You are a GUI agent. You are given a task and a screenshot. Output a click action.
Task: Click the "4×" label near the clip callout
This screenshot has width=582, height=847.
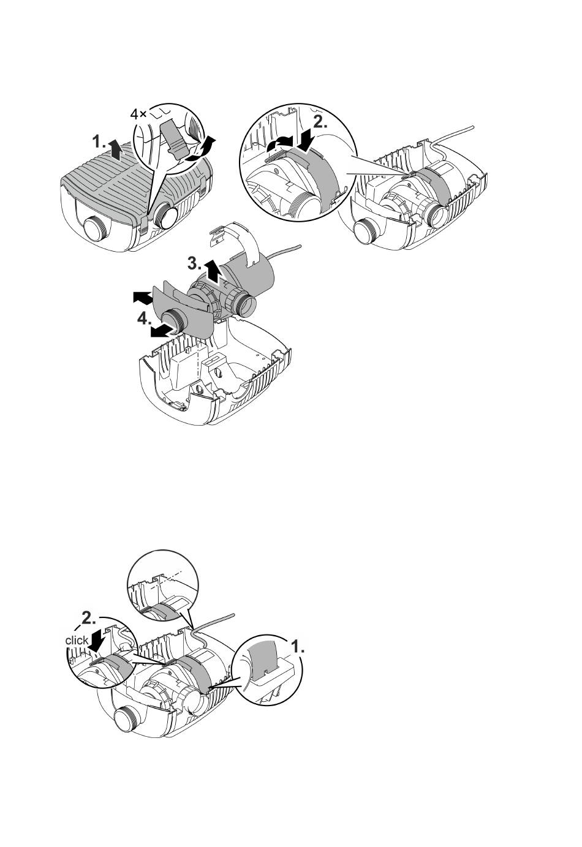[138, 114]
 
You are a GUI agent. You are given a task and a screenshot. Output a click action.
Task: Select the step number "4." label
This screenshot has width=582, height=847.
[144, 320]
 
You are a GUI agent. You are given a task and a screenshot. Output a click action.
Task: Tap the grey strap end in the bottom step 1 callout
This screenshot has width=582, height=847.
[263, 659]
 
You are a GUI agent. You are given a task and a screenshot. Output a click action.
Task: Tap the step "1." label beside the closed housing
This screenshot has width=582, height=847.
[100, 143]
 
